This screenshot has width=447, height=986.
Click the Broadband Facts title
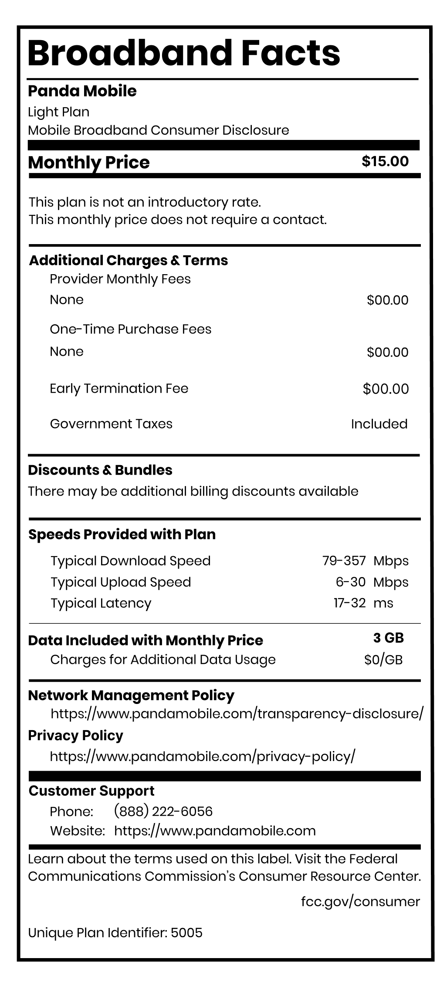[x=183, y=54]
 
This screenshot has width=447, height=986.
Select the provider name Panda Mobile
[x=82, y=91]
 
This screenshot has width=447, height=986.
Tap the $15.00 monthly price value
[x=385, y=161]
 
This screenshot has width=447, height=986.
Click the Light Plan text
[x=58, y=112]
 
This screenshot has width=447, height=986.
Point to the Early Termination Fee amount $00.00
[x=386, y=389]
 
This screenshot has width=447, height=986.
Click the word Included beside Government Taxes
[x=379, y=424]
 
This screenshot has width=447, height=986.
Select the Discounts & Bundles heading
[x=100, y=470]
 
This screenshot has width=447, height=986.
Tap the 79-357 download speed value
[x=344, y=561]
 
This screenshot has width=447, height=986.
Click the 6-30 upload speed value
[x=350, y=582]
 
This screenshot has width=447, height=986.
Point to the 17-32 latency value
[x=349, y=603]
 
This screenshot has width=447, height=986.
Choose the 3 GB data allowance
[x=388, y=638]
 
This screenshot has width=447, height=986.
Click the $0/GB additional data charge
[x=383, y=660]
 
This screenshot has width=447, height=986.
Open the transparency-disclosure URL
[x=237, y=714]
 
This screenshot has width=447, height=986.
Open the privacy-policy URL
[x=203, y=756]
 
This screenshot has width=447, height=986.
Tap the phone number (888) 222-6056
[x=163, y=811]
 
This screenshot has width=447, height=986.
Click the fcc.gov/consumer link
[x=360, y=901]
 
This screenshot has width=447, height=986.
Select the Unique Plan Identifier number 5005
[x=186, y=933]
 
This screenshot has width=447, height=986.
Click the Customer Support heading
[x=91, y=791]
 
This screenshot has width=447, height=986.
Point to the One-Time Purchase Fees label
[x=130, y=329]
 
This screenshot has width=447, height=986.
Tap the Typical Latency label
[x=101, y=603]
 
